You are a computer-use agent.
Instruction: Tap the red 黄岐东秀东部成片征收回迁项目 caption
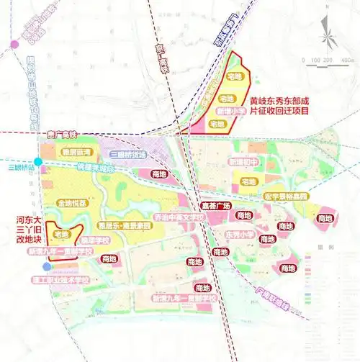click(x=282, y=107)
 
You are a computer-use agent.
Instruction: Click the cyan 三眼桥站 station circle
click(x=37, y=161)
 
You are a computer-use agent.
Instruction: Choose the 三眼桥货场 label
click(x=128, y=155)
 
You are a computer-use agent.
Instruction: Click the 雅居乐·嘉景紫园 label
click(x=129, y=225)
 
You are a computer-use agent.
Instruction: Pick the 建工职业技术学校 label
click(x=67, y=278)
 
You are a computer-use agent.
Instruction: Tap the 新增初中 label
click(x=243, y=163)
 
